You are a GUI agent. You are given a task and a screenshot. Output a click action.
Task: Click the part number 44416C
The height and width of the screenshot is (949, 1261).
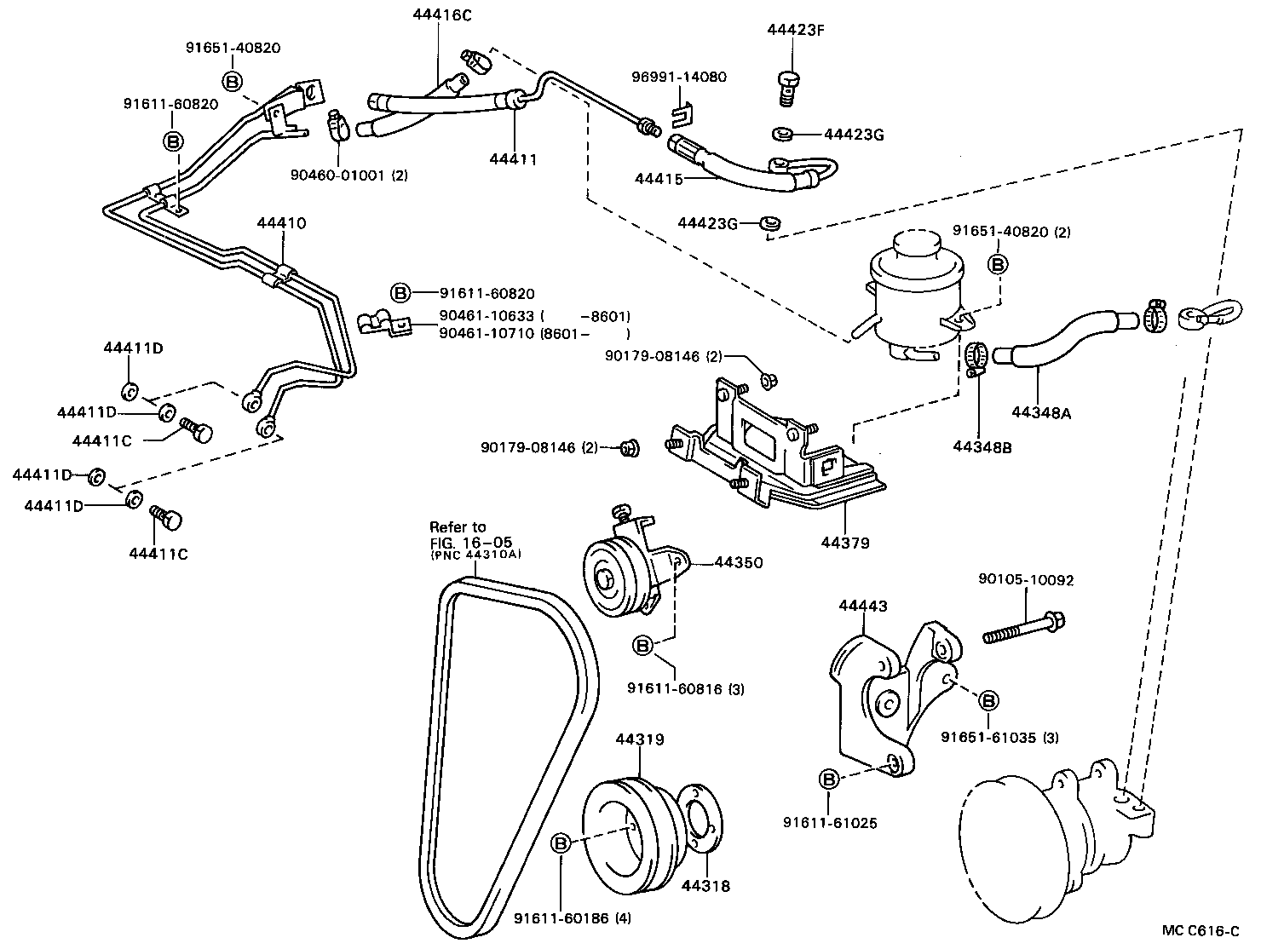click(441, 14)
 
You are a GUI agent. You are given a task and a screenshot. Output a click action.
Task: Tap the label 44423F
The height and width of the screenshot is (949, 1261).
click(796, 30)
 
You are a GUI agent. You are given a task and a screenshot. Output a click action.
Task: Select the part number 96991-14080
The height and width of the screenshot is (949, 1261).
click(678, 77)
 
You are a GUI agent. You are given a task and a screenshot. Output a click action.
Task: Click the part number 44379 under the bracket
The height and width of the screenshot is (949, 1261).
click(845, 543)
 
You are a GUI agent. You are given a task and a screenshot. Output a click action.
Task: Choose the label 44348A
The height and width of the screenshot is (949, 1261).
click(1041, 413)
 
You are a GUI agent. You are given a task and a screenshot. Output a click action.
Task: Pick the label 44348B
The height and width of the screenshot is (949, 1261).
click(982, 446)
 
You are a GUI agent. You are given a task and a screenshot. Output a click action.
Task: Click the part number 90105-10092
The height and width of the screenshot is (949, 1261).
click(1026, 580)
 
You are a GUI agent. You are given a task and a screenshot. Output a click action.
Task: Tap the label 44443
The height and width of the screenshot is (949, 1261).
click(862, 606)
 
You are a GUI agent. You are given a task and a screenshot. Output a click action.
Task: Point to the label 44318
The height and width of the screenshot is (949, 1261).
click(705, 885)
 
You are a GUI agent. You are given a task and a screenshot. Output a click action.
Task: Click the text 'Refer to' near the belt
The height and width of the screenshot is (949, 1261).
click(458, 526)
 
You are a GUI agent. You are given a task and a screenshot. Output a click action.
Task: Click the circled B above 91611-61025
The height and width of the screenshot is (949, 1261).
click(828, 778)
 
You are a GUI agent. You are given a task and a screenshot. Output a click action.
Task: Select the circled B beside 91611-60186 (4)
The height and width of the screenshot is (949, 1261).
click(561, 843)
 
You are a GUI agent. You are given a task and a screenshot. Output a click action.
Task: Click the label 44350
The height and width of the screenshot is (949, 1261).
click(738, 562)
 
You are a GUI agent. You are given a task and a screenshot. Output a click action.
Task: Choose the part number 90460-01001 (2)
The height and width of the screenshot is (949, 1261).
click(348, 175)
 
